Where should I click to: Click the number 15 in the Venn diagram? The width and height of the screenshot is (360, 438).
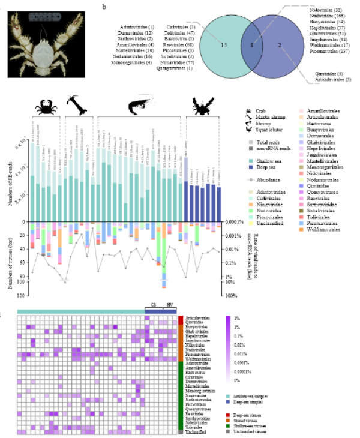point(224,46)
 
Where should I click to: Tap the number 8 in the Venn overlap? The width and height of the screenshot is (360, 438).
point(252,46)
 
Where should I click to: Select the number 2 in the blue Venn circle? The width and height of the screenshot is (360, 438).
point(280,46)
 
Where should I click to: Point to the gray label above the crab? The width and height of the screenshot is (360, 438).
point(44,17)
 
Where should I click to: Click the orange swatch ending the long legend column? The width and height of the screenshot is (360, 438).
point(301,229)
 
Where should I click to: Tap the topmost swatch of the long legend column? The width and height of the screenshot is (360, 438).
point(301,111)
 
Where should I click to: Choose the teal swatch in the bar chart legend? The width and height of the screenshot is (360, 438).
point(251,161)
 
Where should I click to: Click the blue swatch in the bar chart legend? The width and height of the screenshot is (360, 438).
point(251,167)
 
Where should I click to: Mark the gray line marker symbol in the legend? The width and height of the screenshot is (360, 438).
point(251,179)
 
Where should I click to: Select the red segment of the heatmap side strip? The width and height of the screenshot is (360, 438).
point(181,320)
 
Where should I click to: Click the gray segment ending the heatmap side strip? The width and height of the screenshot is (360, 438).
point(181,432)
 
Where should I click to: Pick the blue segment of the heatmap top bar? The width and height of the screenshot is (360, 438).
point(161,312)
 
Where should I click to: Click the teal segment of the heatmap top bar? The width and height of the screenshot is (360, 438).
point(80,312)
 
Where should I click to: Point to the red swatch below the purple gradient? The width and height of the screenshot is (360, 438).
point(228,415)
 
